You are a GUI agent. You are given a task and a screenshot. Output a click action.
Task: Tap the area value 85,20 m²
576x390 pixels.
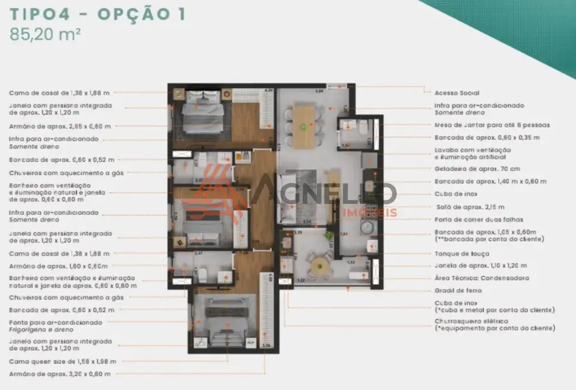coord(45,34)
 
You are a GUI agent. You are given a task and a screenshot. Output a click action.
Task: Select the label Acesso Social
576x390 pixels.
coord(457,93)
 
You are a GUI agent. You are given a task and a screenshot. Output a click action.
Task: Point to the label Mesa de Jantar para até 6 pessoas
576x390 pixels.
coord(492,125)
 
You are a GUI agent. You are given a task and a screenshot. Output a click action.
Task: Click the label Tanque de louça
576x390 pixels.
coord(461,254)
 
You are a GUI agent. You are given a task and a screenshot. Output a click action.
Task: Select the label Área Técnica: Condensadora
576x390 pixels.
coord(482,278)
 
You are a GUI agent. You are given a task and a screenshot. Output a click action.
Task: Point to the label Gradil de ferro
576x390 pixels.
coord(457,291)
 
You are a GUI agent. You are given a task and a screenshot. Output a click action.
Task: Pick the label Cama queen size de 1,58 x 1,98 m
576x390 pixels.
coord(62,362)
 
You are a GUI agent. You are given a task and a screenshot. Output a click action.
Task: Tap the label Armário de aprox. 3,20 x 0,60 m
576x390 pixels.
coord(59,374)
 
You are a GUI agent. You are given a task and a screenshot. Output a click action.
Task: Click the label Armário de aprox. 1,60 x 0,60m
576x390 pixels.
coord(58,266)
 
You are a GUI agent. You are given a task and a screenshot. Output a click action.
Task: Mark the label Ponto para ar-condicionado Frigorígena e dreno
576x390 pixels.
coord(55,326)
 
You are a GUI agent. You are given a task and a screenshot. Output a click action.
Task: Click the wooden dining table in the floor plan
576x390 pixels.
coord(304,127)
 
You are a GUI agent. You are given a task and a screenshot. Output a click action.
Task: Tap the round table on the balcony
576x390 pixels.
coord(320,265)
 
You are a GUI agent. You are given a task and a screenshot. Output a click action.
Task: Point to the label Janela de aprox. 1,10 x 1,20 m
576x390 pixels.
coord(481,266)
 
